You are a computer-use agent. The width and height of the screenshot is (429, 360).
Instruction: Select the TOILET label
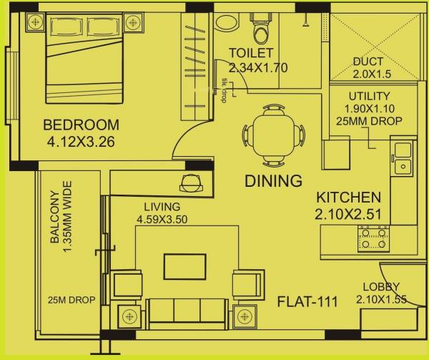coord(251,53)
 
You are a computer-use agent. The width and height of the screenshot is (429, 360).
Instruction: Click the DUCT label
coord(368,62)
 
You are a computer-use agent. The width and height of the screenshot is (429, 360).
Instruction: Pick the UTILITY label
coord(369,96)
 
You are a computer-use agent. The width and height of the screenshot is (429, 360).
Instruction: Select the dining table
coord(276,134)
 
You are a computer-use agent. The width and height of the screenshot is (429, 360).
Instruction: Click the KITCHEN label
coord(349,197)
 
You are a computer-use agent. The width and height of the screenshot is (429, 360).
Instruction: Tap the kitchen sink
coord(403,159)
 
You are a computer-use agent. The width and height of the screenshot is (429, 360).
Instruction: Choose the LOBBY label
coord(376,286)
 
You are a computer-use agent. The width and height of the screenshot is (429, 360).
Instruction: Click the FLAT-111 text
coord(308,301)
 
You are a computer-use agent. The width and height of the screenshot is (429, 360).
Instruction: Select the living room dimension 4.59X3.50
coord(162,220)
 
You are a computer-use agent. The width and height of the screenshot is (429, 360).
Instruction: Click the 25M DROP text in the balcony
coord(71,301)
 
